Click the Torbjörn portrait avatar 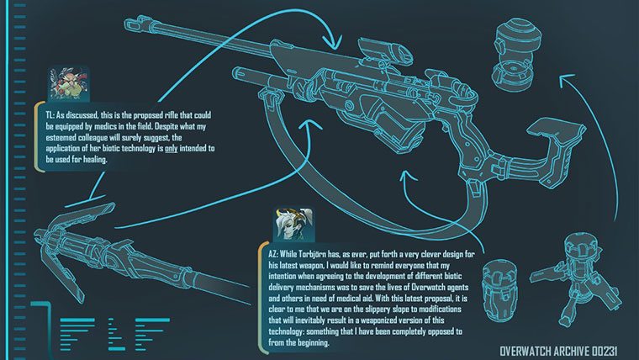[x=68, y=84]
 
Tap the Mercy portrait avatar [x=293, y=225]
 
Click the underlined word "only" [x=172, y=149]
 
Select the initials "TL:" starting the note [x=50, y=115]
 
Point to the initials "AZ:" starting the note [x=273, y=254]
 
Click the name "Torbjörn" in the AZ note [x=314, y=255]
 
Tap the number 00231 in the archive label [x=605, y=351]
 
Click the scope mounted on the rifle [x=386, y=51]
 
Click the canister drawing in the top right [x=517, y=53]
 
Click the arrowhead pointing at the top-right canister [x=566, y=80]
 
